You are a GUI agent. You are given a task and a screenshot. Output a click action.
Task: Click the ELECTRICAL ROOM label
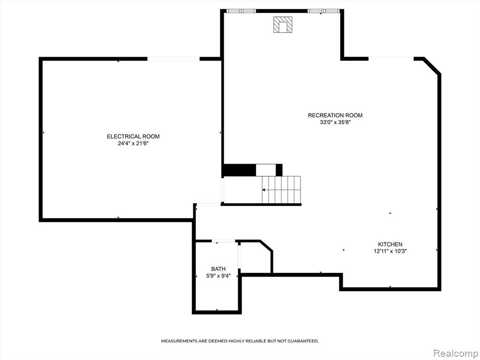[133, 136]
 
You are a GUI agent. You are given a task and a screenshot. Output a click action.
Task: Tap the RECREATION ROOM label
[335, 115]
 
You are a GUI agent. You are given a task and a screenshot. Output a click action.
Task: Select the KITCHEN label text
[390, 244]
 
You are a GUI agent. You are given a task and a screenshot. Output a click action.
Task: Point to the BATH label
[218, 269]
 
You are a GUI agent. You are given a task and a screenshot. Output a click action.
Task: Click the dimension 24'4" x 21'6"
[134, 143]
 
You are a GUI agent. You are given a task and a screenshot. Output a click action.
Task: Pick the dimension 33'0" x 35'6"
[335, 122]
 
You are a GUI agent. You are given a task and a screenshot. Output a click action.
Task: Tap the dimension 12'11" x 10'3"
[390, 251]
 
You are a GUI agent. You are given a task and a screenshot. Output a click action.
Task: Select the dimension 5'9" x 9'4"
[218, 276]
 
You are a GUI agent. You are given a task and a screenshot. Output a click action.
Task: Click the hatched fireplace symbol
[283, 24]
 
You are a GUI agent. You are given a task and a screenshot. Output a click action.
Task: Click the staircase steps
[281, 189]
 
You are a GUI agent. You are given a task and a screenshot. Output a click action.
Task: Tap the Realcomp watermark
[455, 353]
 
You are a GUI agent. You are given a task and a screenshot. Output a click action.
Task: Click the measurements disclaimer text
[240, 341]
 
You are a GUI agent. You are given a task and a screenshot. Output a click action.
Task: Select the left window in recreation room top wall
[241, 11]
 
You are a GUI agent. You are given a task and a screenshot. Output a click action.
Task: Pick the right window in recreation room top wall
[323, 11]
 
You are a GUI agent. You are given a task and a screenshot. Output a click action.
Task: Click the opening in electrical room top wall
[173, 59]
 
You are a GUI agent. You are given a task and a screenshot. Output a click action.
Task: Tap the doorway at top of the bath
[224, 241]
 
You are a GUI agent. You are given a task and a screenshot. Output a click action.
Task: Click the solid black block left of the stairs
[239, 170]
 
